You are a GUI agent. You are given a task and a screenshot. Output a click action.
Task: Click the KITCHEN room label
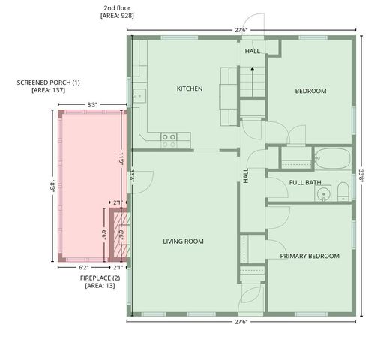(190, 88)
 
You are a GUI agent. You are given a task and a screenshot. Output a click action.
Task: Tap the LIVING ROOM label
(184, 241)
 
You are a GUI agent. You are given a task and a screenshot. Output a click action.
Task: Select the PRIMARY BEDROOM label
(310, 256)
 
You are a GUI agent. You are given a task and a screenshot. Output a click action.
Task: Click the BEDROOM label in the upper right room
(310, 91)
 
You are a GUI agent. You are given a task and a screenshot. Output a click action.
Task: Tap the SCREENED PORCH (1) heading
(49, 82)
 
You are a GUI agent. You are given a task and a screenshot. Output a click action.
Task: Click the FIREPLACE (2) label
(100, 277)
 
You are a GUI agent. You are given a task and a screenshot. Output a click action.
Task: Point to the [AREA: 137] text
(49, 90)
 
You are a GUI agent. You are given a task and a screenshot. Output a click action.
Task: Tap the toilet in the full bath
(342, 192)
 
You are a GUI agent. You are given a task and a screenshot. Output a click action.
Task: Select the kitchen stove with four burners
(169, 137)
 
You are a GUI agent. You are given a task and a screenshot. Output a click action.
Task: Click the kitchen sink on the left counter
(138, 96)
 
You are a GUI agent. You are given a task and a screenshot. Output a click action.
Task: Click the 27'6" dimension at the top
(240, 29)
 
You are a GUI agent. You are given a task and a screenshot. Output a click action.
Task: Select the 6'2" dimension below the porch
(83, 267)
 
